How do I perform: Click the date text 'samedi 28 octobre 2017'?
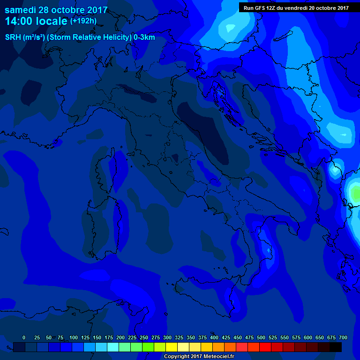click(56, 10)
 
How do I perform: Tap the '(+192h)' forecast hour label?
click(83, 21)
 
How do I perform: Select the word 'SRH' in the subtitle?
click(13, 37)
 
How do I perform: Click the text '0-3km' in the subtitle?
click(144, 37)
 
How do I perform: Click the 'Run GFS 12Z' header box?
click(296, 7)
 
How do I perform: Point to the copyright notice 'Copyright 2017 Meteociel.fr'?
click(199, 356)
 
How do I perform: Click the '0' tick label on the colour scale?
click(24, 337)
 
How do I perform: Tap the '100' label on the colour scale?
click(74, 337)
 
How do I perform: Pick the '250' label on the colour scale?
click(144, 337)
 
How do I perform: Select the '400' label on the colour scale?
click(214, 337)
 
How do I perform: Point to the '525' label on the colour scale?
click(273, 337)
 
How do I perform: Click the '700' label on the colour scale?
click(343, 337)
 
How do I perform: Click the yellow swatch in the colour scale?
click(172, 347)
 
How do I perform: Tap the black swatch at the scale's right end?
click(336, 347)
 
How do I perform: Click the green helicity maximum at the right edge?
click(355, 194)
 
